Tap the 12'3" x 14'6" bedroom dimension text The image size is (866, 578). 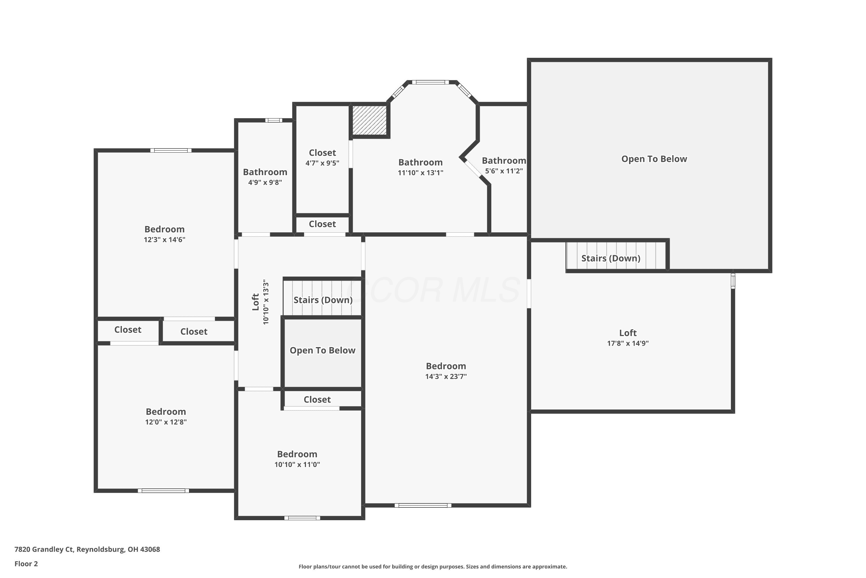click(x=165, y=240)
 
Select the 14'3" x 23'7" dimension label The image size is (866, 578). click(x=446, y=376)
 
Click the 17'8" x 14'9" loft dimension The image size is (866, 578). click(x=628, y=343)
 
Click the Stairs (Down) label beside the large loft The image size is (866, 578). click(x=611, y=258)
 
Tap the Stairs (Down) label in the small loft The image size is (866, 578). click(x=323, y=300)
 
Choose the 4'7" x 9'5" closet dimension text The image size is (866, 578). click(x=322, y=163)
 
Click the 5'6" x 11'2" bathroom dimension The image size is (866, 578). click(x=504, y=171)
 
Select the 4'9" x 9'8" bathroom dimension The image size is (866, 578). click(x=265, y=182)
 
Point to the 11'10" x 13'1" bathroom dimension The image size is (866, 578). click(x=421, y=173)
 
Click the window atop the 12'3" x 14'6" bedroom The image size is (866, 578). click(x=171, y=150)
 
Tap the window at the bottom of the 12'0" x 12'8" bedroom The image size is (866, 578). click(x=163, y=491)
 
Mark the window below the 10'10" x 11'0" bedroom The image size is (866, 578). click(x=302, y=518)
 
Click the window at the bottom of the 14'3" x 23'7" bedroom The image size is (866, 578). click(x=423, y=505)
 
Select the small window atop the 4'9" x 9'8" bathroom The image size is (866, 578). click(x=274, y=120)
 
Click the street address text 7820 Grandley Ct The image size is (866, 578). click(x=44, y=550)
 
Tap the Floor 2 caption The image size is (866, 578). click(x=26, y=564)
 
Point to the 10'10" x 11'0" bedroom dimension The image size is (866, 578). click(x=297, y=464)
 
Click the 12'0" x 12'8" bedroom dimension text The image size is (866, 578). click(x=166, y=422)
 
